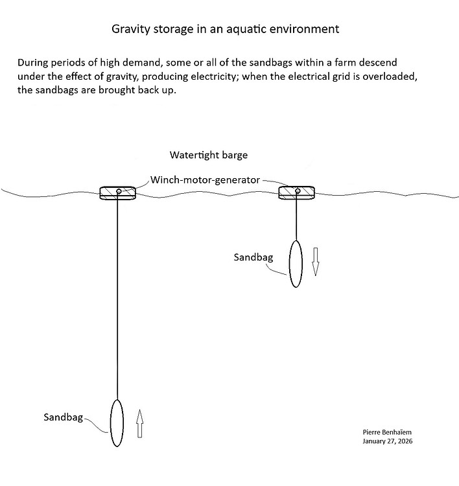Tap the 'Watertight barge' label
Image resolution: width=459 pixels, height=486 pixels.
208,156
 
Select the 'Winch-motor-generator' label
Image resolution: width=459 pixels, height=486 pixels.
206,179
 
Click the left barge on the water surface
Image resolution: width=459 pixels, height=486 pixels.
118,192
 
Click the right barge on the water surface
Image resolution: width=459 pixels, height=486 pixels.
296,192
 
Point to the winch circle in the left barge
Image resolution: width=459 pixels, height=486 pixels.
119,192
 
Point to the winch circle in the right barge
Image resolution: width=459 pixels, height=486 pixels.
297,191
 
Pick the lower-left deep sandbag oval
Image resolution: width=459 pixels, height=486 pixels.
117,422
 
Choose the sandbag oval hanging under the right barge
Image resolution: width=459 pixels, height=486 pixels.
296,263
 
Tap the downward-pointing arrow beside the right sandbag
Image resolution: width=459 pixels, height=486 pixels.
316,261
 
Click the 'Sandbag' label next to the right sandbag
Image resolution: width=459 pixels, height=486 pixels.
253,257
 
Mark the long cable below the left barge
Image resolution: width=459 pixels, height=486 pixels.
117,298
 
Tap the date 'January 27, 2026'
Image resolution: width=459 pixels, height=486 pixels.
388,441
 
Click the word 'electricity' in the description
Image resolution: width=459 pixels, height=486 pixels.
204,77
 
